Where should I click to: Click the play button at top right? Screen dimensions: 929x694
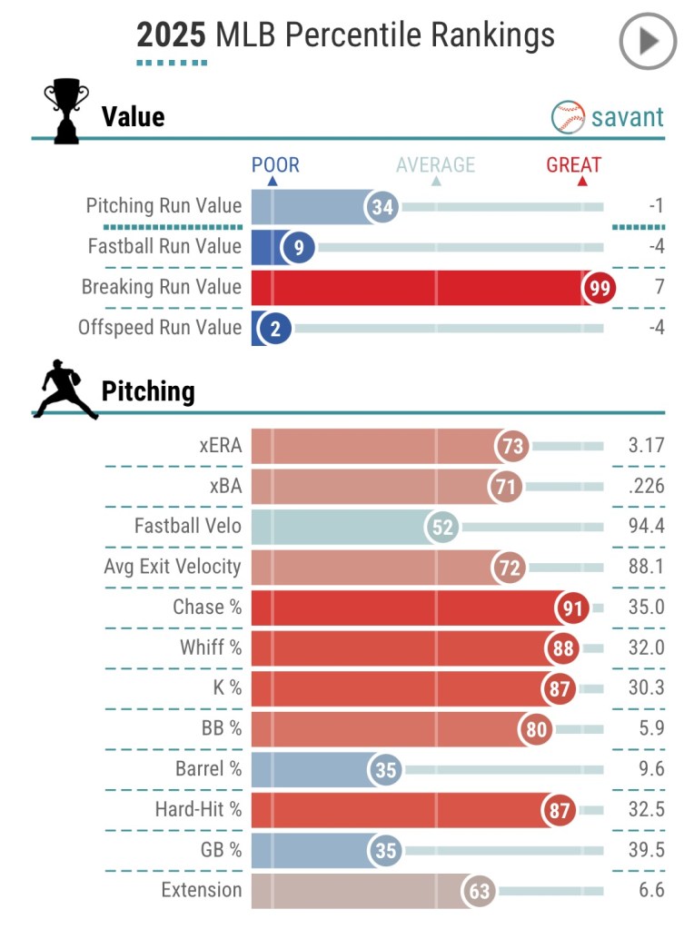[x=648, y=41]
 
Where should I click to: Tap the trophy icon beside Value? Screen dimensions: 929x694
[x=66, y=111]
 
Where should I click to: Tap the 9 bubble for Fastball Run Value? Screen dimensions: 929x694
[x=298, y=247]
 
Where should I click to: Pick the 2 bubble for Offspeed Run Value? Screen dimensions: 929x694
[x=275, y=329]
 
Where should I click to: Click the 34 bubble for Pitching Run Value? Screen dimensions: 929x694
[x=383, y=207]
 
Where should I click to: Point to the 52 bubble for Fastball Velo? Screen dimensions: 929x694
[x=443, y=528]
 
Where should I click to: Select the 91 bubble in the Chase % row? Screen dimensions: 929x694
[x=571, y=608]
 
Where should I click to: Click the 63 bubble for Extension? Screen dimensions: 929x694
[x=479, y=891]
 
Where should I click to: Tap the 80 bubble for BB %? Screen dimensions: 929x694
[x=536, y=729]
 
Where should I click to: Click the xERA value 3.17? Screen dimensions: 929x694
[x=646, y=446]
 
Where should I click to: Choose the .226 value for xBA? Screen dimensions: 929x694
[x=646, y=487]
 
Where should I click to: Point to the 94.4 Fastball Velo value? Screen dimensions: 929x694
[x=646, y=527]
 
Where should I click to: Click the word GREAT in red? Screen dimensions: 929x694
[x=573, y=165]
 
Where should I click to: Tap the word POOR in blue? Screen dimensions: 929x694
[x=275, y=165]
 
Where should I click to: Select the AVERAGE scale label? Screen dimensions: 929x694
[x=435, y=165]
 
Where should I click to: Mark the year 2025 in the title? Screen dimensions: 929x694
[x=171, y=35]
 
